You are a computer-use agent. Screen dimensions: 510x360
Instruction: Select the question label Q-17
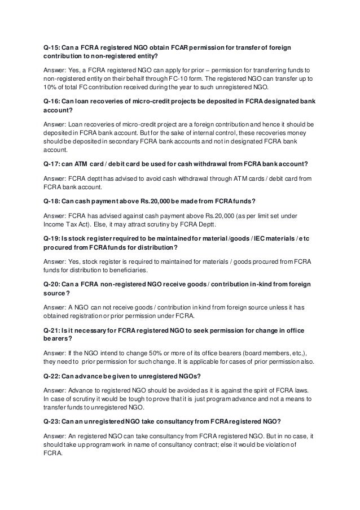click(53, 164)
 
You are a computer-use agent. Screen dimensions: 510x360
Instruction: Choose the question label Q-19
click(53, 237)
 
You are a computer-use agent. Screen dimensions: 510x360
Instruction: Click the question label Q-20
click(53, 282)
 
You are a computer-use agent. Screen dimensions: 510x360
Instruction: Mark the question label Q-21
click(53, 328)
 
